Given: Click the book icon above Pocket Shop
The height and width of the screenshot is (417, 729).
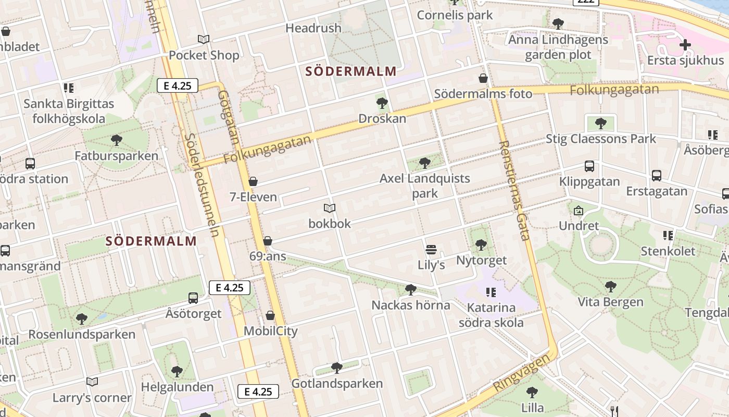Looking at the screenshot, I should point(204,39).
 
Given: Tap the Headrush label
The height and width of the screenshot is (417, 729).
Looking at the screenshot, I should point(313,28).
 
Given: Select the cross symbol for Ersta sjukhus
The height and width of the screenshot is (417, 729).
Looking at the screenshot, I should point(685,45).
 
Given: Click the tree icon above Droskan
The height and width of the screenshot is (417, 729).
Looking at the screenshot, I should point(382,103).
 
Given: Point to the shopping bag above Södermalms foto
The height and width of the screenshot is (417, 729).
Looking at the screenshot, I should point(483,78).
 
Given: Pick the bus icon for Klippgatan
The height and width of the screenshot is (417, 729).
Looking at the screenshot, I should point(589,166).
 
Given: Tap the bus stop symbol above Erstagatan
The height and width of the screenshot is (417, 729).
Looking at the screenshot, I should point(657,176).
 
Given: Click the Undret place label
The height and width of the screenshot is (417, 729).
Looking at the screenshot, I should point(579,226).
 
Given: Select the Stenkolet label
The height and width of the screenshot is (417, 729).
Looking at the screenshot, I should point(668,251).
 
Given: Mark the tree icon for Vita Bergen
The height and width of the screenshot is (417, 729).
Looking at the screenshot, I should point(610,286).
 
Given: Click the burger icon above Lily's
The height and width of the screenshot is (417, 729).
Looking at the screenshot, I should point(431,249).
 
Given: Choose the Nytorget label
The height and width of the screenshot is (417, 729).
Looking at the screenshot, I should point(481,260).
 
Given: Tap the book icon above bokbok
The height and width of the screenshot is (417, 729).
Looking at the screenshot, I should point(329,208).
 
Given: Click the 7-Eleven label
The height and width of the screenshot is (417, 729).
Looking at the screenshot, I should point(253,197).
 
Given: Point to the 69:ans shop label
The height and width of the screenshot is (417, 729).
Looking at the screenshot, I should point(268,256).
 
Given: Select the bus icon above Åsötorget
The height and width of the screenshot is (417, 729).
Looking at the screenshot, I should point(193,298).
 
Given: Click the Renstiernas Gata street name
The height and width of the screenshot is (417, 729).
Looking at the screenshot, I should point(514,190).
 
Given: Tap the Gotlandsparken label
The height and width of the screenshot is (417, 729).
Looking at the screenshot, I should point(337,384).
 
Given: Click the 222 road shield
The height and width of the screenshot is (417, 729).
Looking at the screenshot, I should point(586,2).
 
